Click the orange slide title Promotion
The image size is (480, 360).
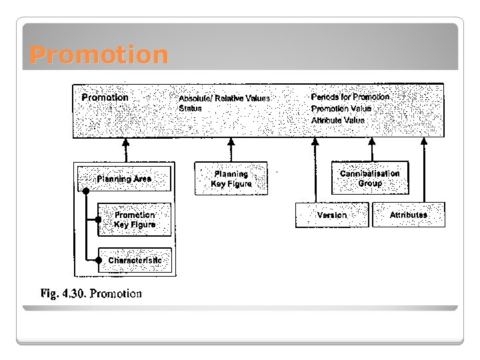pyautogui.click(x=99, y=55)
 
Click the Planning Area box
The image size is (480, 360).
pyautogui.click(x=124, y=179)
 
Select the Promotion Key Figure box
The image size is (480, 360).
pyautogui.click(x=134, y=219)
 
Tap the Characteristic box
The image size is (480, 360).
pyautogui.click(x=135, y=260)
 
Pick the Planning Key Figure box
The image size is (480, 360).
pyautogui.click(x=231, y=179)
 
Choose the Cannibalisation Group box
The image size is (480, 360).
pyautogui.click(x=370, y=178)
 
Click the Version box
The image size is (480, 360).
pyautogui.click(x=332, y=215)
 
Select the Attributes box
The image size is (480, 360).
pyautogui.click(x=409, y=215)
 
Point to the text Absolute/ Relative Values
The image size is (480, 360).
pyautogui.click(x=224, y=99)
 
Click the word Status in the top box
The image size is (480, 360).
pyautogui.click(x=190, y=108)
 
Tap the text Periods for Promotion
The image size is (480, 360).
pyautogui.click(x=350, y=97)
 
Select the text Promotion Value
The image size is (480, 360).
pyautogui.click(x=341, y=109)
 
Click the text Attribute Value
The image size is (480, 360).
pyautogui.click(x=338, y=120)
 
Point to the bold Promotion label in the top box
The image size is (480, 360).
pyautogui.click(x=105, y=97)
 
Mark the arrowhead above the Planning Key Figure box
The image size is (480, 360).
pyautogui.click(x=231, y=142)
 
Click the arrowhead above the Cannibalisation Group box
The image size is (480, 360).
pyautogui.click(x=371, y=142)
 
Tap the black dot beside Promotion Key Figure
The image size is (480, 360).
pyautogui.click(x=99, y=219)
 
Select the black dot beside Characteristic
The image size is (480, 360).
pyautogui.click(x=99, y=260)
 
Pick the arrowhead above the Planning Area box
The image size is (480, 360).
pyautogui.click(x=125, y=142)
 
